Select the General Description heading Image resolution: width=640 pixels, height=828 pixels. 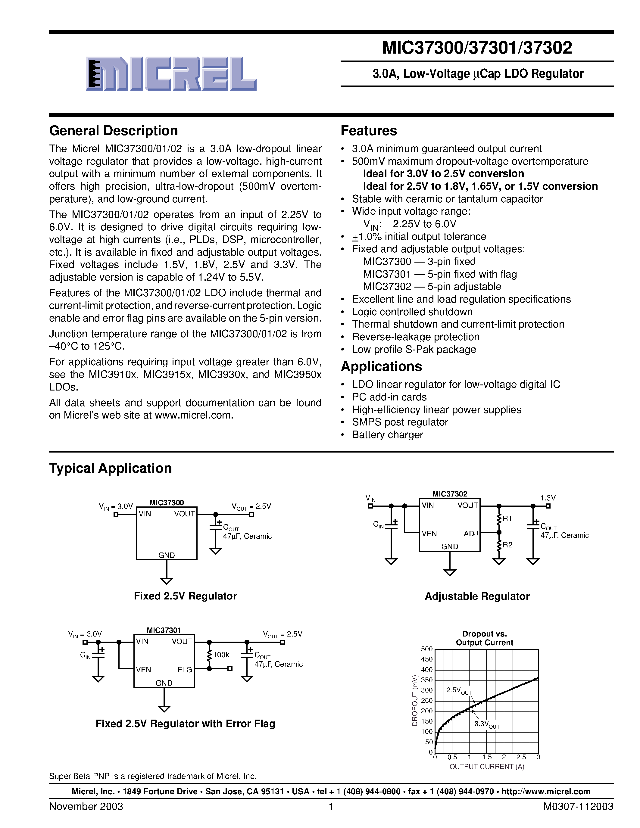coord(113,131)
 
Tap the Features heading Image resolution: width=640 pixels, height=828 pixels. coord(369,131)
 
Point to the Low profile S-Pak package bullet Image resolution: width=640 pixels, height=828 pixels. coord(414,349)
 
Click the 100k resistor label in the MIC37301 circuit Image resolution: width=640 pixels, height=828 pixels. coord(221,655)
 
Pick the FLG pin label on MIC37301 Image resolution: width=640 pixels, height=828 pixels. coord(185,670)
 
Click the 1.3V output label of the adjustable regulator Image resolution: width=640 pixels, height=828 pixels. coord(548,498)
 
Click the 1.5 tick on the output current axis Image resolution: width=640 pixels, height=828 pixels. coord(486,757)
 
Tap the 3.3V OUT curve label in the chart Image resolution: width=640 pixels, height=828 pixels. coord(486,724)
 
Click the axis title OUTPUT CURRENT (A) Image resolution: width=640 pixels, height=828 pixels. coord(486,767)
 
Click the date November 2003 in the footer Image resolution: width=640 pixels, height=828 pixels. coord(86,806)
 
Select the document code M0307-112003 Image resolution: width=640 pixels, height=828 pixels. coord(578,806)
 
